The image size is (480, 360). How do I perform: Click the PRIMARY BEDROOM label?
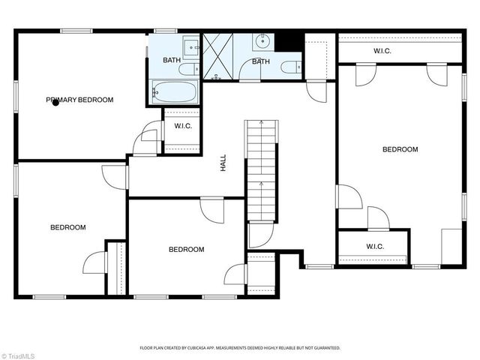(79, 100)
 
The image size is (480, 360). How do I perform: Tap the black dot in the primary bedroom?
(55, 103)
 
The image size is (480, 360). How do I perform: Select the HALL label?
(223, 163)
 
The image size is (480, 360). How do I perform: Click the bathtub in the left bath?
(175, 91)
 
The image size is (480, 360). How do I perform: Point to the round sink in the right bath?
(262, 42)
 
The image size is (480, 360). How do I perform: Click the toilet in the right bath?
(291, 67)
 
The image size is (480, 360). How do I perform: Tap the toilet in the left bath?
(189, 70)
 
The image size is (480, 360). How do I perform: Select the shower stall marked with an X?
(218, 57)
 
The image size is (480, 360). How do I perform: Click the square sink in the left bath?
(191, 47)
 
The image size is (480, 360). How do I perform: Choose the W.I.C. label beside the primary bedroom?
(183, 126)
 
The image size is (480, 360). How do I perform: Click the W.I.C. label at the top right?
(382, 51)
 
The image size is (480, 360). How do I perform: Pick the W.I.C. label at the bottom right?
(375, 247)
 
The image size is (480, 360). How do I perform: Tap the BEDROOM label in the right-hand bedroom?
(400, 149)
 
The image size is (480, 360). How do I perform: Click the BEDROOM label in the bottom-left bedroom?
(68, 227)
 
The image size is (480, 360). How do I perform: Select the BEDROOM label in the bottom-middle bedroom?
(187, 250)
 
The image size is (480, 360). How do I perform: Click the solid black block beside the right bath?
(289, 42)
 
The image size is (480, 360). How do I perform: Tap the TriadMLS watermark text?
(17, 356)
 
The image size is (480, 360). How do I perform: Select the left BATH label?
(172, 60)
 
